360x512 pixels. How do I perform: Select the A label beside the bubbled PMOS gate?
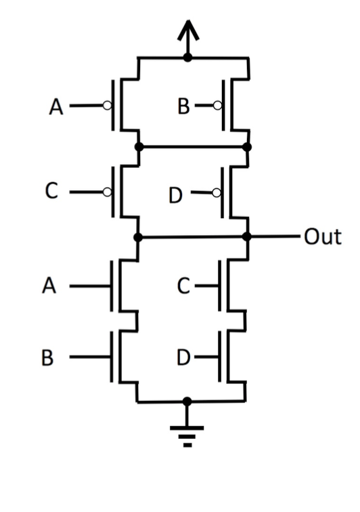point(57,107)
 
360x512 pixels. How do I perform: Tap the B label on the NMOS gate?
point(47,358)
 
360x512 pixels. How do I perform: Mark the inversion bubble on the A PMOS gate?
point(107,106)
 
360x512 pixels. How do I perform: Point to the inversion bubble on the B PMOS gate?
point(216,106)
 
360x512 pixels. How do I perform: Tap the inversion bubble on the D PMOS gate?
point(216,192)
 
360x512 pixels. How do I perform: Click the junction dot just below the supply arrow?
point(187,59)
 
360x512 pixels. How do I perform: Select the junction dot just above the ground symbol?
point(187,401)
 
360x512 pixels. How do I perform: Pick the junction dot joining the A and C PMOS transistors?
point(138,146)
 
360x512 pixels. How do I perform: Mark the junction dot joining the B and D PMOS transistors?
point(247,146)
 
